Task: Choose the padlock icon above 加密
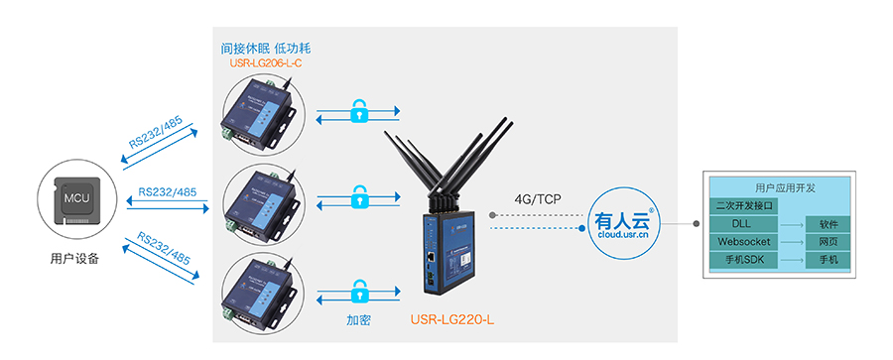358,290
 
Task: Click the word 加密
359,321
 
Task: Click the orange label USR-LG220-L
451,321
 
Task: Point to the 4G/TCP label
538,199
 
